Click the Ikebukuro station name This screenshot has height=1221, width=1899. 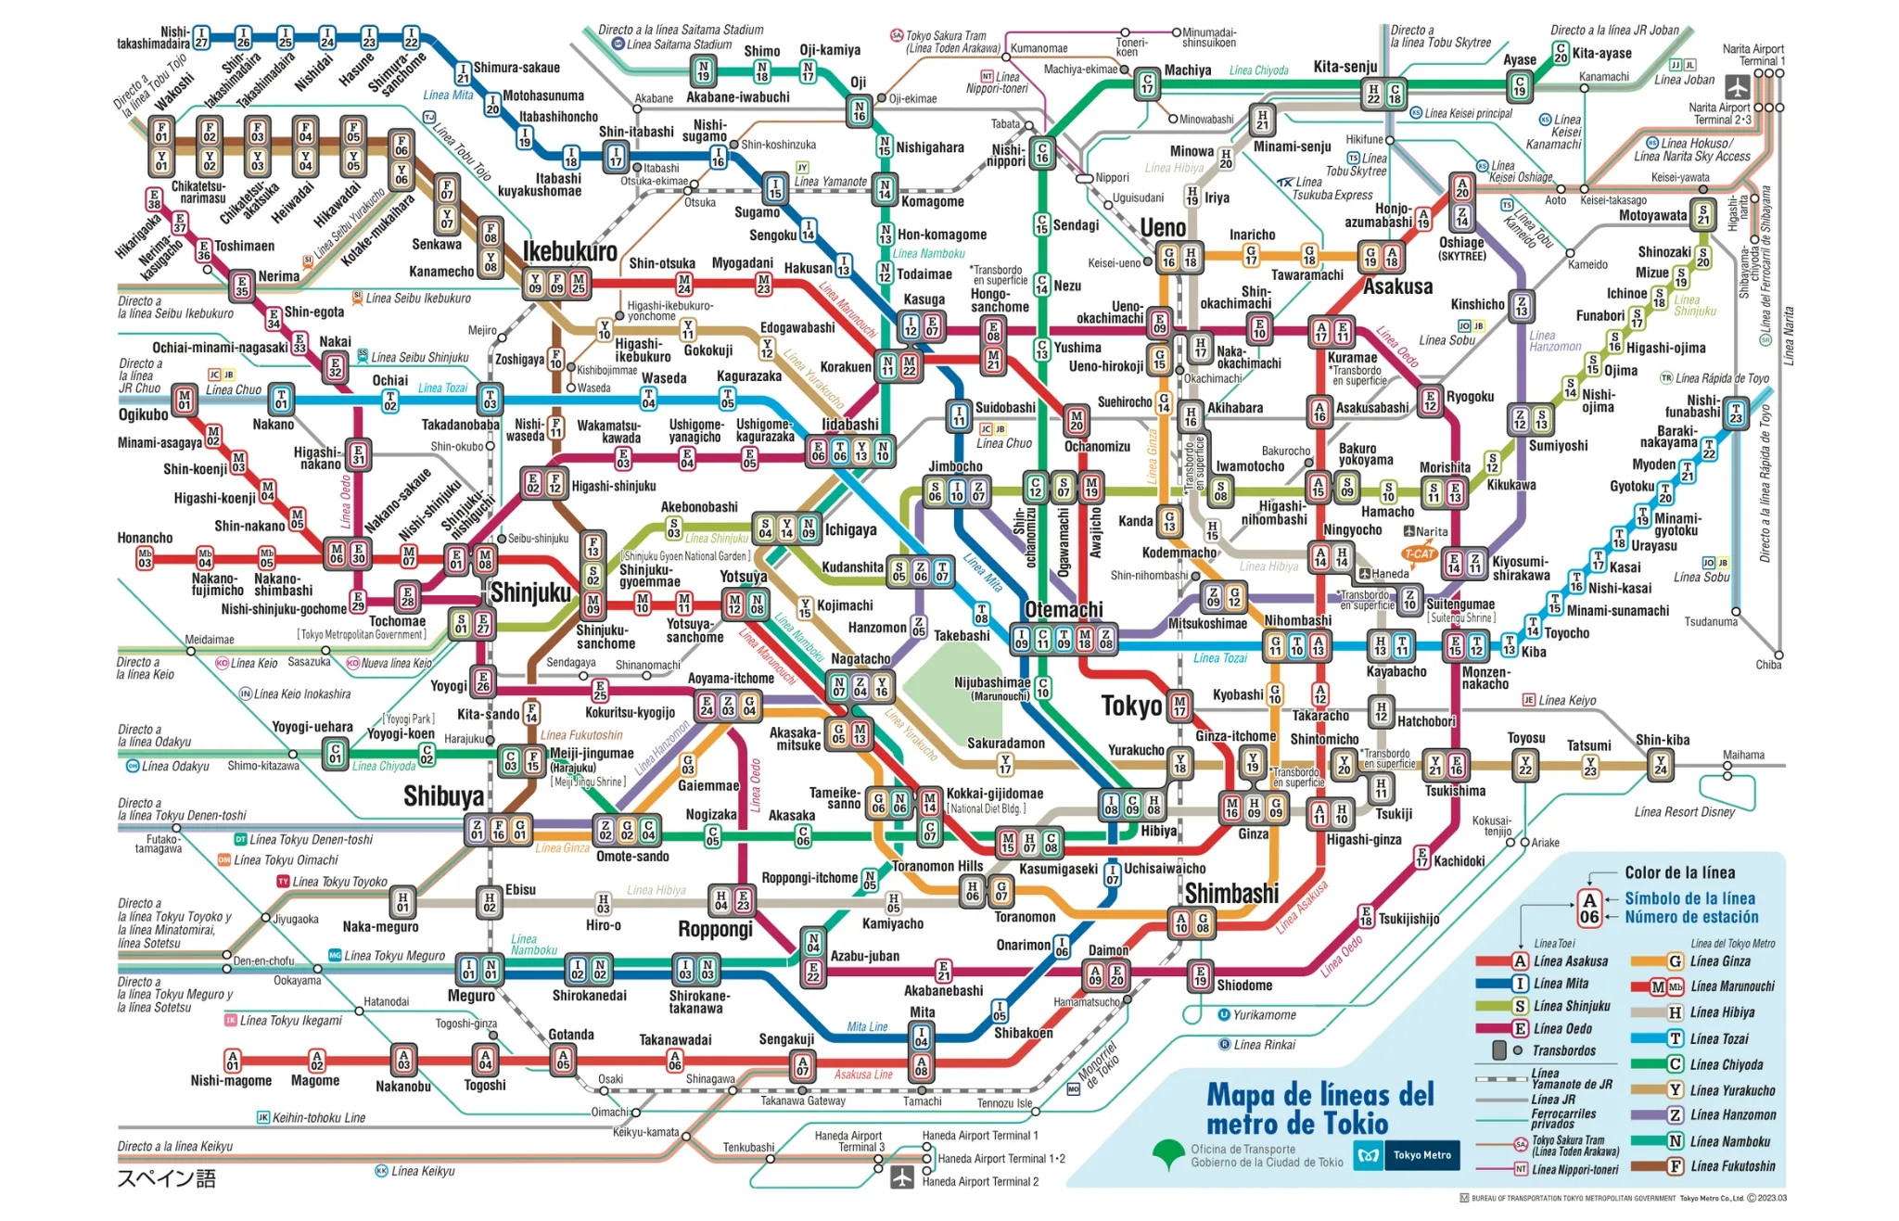[x=569, y=251]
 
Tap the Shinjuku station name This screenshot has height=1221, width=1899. [x=530, y=592]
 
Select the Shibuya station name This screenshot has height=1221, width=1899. [x=443, y=796]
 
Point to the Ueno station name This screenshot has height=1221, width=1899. [x=1162, y=228]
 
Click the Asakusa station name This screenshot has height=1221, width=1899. [x=1397, y=286]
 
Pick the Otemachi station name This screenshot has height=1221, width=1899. [x=1064, y=609]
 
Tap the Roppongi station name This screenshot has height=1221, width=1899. [x=715, y=929]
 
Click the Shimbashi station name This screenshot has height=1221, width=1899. [x=1231, y=894]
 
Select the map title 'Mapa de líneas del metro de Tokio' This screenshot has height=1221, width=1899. [x=1319, y=1109]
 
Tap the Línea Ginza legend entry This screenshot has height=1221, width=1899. [x=1720, y=961]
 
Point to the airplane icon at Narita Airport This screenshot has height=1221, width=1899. [x=1737, y=87]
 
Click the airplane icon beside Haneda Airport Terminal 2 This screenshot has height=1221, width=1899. [x=901, y=1177]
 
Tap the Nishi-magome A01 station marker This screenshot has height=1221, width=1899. [x=233, y=1061]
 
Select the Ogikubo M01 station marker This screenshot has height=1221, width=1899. [x=185, y=401]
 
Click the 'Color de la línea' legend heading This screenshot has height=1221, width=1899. [x=1679, y=872]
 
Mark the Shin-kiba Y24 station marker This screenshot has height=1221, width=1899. [x=1660, y=765]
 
